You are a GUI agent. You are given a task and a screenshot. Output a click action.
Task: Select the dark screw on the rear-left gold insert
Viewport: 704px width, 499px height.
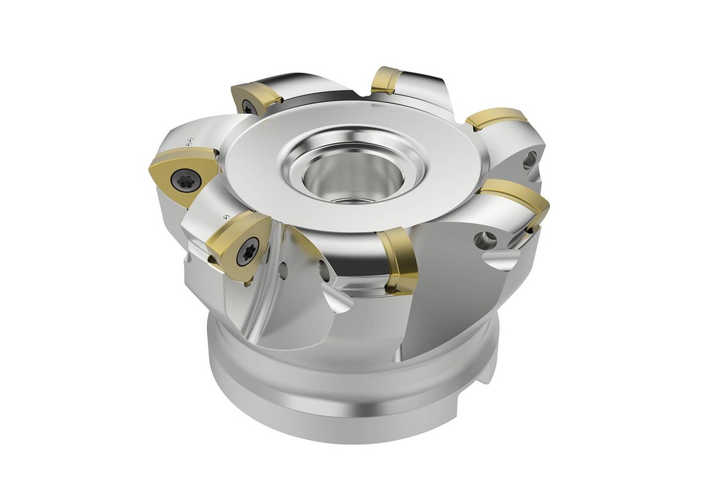click(x=248, y=107)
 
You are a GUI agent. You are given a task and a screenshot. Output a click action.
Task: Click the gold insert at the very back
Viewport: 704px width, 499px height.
click(x=386, y=80)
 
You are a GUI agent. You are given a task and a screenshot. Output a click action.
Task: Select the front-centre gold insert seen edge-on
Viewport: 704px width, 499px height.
click(x=398, y=262)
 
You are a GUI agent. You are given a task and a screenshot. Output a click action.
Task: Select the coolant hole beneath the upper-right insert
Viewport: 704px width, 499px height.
click(x=529, y=161)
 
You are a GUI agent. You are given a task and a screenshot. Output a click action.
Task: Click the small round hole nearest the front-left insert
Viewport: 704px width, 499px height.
click(x=283, y=271)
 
